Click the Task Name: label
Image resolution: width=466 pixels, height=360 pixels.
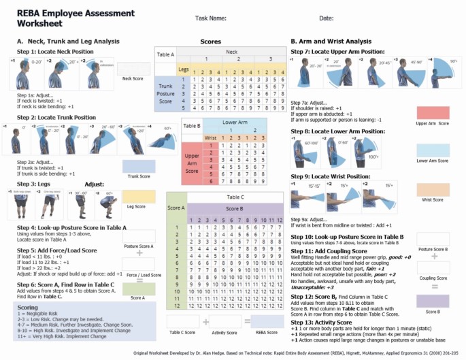(210, 18)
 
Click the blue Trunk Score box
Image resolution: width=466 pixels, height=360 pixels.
(138, 166)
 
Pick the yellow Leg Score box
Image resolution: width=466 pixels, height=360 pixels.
(138, 196)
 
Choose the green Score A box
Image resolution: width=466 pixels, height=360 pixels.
(138, 289)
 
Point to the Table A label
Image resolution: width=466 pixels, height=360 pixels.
(166, 53)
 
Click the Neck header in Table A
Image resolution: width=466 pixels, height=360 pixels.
(232, 51)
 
